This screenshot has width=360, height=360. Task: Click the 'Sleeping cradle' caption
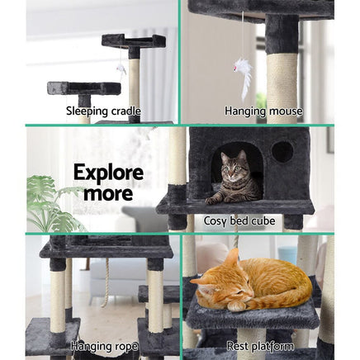102,111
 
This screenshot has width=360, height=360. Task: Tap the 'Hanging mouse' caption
263,111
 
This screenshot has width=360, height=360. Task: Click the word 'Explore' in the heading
108,173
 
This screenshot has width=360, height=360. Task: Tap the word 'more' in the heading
108,193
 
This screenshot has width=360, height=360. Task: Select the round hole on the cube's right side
282,152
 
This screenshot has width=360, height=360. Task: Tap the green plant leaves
50,202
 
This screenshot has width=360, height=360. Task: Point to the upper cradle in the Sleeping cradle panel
133,40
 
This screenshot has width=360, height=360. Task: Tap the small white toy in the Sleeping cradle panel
121,69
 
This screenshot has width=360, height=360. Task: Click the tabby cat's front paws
218,199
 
